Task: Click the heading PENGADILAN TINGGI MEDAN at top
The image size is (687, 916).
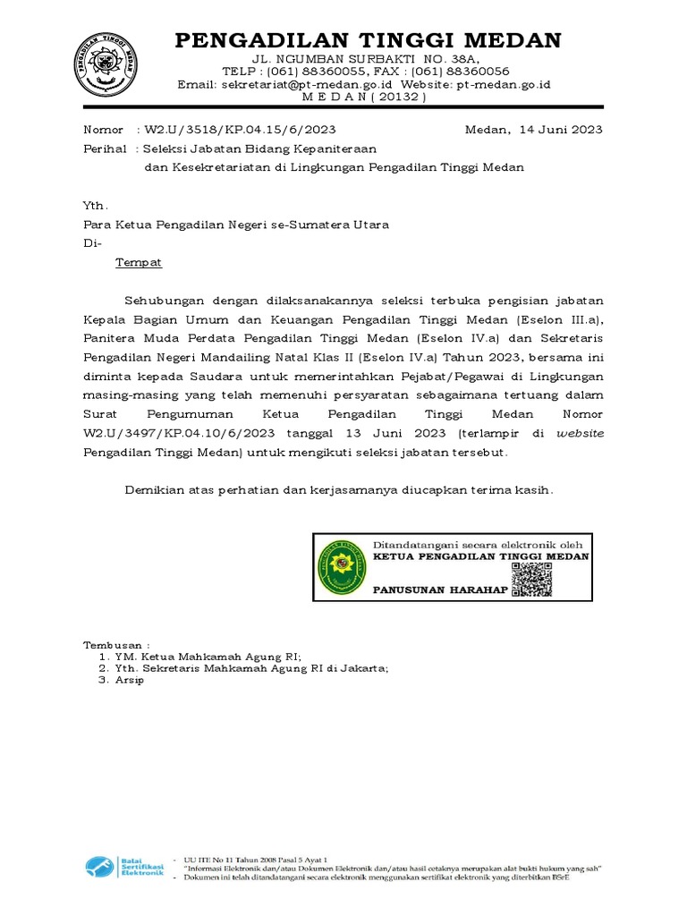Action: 368,40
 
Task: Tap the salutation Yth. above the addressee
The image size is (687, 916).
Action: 95,205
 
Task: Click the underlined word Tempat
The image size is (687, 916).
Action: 140,263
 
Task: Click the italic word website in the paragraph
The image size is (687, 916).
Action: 581,433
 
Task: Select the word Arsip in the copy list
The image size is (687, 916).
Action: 129,680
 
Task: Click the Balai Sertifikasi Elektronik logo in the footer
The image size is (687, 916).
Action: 125,867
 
